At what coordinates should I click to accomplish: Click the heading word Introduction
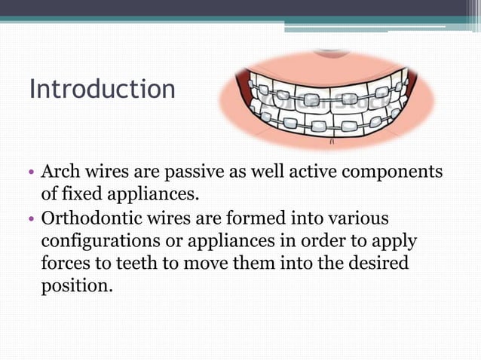pos(102,89)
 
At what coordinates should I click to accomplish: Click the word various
pos(354,218)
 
